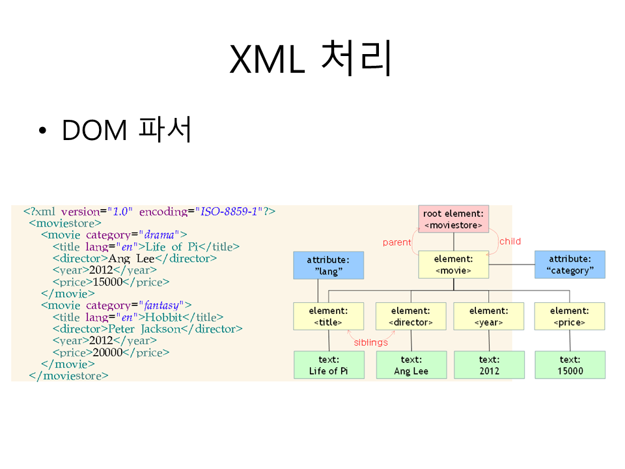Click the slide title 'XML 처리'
click(311, 59)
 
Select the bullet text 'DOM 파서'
click(126, 130)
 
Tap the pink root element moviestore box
click(453, 219)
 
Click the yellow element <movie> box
click(453, 264)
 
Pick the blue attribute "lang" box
click(328, 265)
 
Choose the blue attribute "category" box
click(570, 264)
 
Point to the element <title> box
click(328, 316)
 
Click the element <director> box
click(411, 316)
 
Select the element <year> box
click(488, 316)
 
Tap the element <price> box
click(570, 316)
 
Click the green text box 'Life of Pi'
click(328, 365)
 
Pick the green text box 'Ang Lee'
click(411, 365)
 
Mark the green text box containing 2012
click(488, 365)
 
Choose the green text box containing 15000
click(570, 365)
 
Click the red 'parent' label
click(396, 242)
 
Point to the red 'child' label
click(510, 242)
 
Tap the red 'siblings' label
click(370, 342)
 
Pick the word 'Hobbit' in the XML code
click(163, 317)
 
